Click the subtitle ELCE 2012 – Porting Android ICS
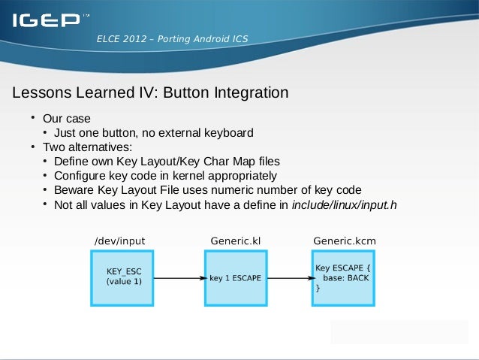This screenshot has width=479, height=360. coord(172,39)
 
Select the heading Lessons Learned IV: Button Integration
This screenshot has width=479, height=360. coord(150,93)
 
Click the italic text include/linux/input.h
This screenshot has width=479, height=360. coord(344,204)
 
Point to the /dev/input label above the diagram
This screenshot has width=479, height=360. coord(119,241)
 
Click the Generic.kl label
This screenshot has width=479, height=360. coord(235,241)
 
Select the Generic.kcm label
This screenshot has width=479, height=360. coord(344,241)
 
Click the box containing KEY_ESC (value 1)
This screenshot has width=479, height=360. coord(123,277)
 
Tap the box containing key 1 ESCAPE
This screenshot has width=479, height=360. coord(235,277)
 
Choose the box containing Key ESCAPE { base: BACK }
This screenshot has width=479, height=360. coord(343,277)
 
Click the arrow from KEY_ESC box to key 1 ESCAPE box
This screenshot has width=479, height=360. coord(180,277)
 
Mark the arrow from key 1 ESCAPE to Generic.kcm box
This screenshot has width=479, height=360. coord(289,277)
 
